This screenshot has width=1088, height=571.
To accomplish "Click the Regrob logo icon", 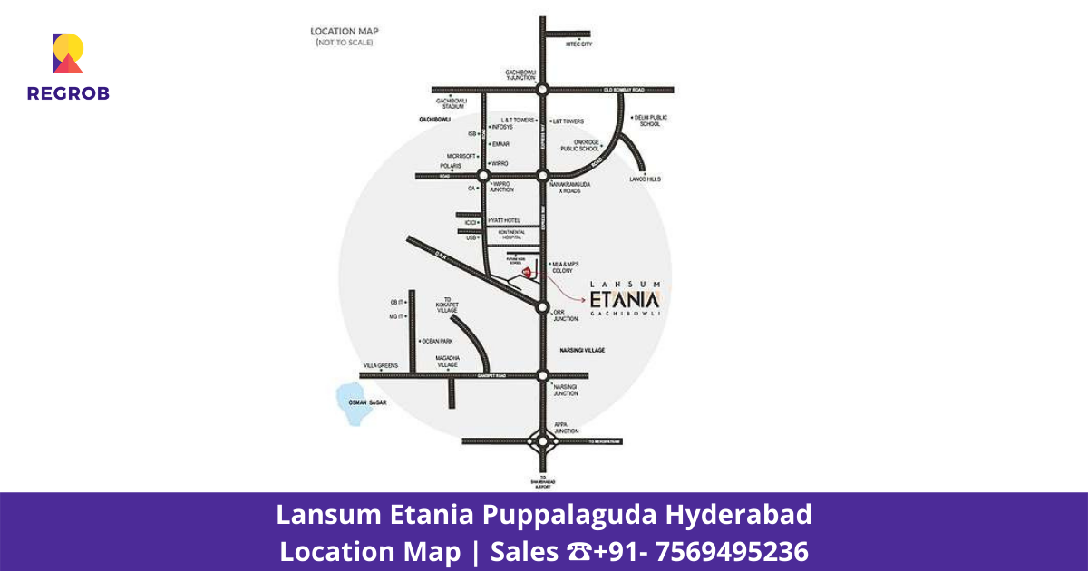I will (68, 53).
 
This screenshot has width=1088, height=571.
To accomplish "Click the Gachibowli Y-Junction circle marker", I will (542, 90).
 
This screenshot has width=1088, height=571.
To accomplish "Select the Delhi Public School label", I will (652, 121).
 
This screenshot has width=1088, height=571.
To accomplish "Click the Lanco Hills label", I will (646, 179).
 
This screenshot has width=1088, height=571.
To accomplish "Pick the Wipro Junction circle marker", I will (483, 176).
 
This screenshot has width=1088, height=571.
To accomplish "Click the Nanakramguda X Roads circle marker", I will (542, 176).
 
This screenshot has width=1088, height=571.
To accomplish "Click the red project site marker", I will (529, 273).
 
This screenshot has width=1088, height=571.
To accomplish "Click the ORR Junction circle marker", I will (542, 308).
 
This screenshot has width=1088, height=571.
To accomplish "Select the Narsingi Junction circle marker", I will (542, 375).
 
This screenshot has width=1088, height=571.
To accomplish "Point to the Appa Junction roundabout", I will (542, 441).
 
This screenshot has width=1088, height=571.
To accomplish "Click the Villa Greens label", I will (381, 365).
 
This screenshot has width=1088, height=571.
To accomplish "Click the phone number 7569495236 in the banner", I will (731, 551).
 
